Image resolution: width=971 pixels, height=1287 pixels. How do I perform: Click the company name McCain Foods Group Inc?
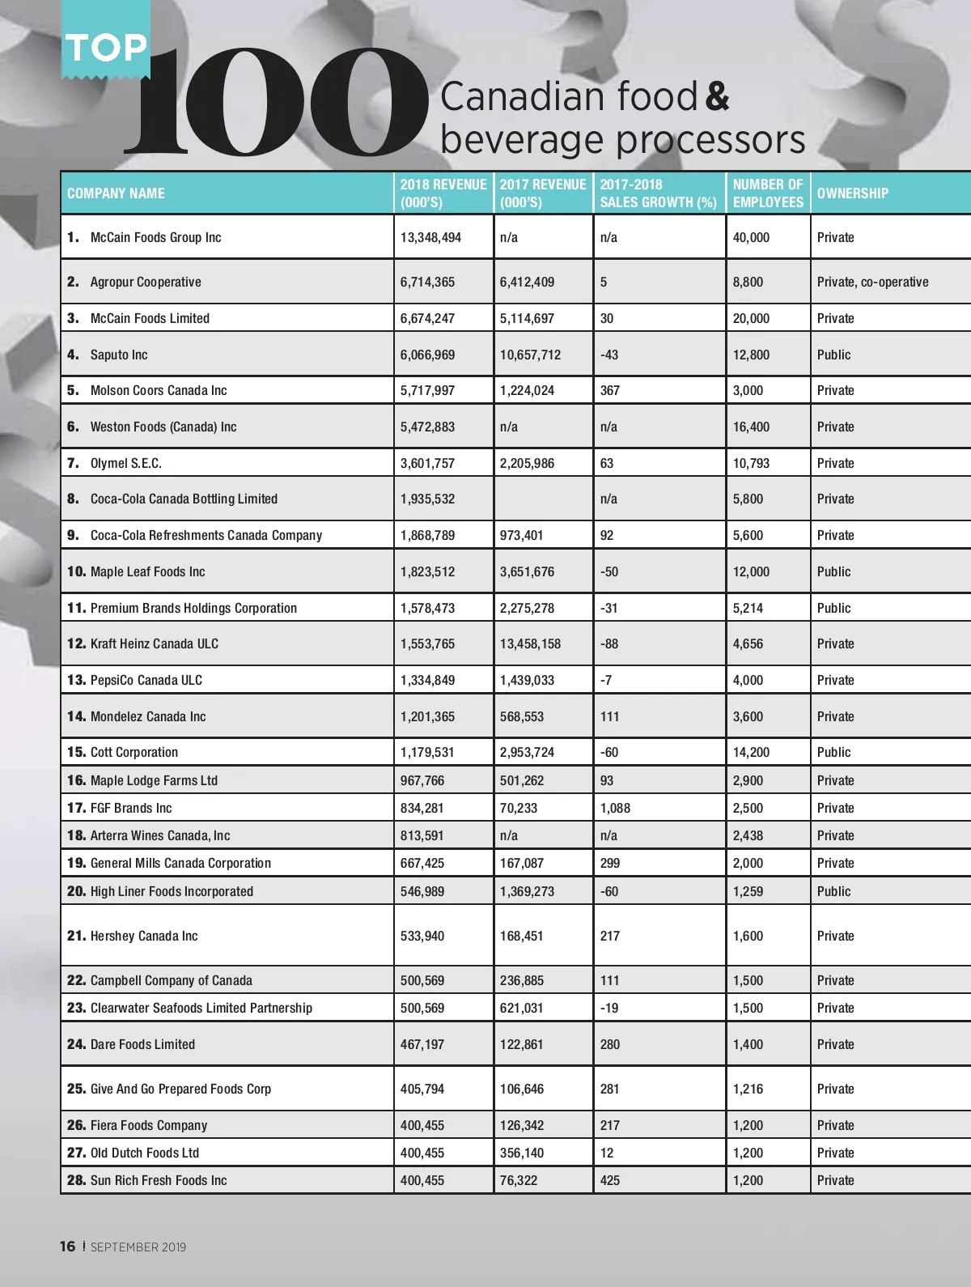pyautogui.click(x=155, y=237)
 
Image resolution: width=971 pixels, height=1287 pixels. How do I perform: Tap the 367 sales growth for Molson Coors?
pyautogui.click(x=610, y=390)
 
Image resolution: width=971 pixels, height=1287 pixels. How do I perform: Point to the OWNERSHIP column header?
pyautogui.click(x=852, y=193)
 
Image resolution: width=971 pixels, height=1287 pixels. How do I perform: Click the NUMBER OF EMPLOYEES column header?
pyautogui.click(x=768, y=193)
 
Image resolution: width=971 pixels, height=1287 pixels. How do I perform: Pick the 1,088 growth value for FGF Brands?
pyautogui.click(x=615, y=808)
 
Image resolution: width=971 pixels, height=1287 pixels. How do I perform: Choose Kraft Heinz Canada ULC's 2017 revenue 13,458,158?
pyautogui.click(x=530, y=643)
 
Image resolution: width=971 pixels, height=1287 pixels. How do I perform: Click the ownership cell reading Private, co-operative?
pyautogui.click(x=872, y=282)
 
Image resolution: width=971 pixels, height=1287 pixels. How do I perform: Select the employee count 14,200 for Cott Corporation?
pyautogui.click(x=751, y=752)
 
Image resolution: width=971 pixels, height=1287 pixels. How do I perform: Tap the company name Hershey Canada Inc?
pyautogui.click(x=144, y=936)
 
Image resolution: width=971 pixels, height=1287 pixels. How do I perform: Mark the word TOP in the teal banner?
pyautogui.click(x=106, y=48)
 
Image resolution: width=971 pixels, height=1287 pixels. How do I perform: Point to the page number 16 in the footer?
pyautogui.click(x=67, y=1247)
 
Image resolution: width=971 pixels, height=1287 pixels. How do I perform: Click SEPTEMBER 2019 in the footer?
pyautogui.click(x=138, y=1247)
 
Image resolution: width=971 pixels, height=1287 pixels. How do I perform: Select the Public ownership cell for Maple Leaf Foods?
pyautogui.click(x=833, y=571)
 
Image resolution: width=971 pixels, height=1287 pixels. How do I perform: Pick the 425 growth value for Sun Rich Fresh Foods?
pyautogui.click(x=610, y=1180)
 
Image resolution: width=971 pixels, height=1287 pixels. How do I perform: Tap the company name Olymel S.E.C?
pyautogui.click(x=125, y=463)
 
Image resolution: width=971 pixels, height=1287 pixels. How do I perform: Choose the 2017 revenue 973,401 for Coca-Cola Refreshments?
pyautogui.click(x=522, y=535)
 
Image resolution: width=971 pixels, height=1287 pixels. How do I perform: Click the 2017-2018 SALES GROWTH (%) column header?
pyautogui.click(x=658, y=193)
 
